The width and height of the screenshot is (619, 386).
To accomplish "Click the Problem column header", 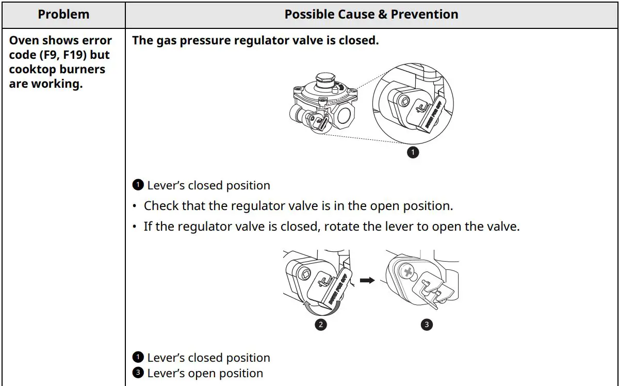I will pos(63,14).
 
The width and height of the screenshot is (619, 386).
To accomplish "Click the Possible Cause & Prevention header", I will pos(371,14).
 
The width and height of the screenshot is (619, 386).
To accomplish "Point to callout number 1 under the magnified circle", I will pos(412,152).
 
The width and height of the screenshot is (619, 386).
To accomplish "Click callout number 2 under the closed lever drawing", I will pos(321,325).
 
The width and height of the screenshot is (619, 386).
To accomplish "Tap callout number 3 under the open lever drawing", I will pos(426,325).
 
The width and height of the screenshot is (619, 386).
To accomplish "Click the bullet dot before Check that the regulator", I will pos(135,206).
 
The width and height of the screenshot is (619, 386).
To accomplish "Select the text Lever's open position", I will pos(205,373).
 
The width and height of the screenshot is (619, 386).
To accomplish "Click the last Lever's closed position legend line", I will pos(208,358).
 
